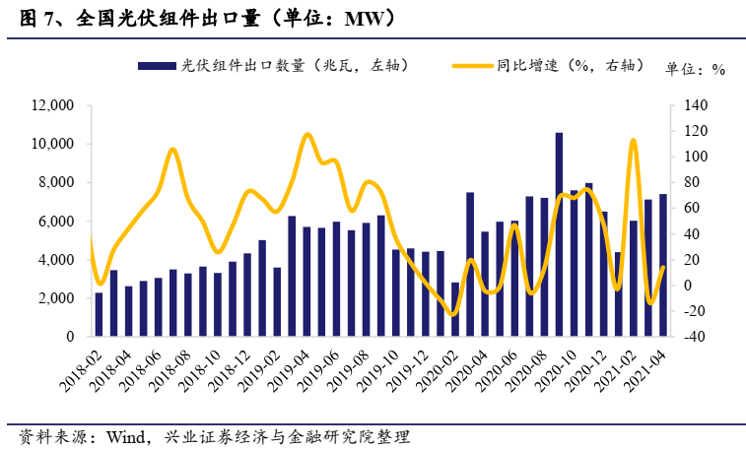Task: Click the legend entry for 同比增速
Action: click(547, 66)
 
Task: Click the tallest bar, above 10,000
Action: click(559, 234)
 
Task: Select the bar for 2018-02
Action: click(99, 314)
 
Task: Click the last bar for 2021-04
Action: click(662, 265)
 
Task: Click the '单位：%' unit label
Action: click(696, 68)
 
